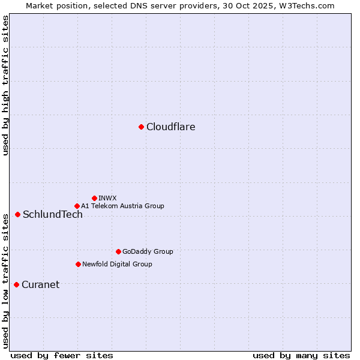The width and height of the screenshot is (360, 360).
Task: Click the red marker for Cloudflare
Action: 141,127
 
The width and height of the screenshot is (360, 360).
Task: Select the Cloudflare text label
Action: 170,127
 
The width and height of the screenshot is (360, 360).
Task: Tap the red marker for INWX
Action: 94,198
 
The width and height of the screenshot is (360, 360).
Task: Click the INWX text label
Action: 107,198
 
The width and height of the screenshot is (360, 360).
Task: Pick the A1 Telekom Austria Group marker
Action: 77,206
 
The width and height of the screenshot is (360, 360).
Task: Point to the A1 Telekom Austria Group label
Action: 122,206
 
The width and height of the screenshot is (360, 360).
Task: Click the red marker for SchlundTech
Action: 17,214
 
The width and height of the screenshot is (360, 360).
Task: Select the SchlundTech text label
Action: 53,214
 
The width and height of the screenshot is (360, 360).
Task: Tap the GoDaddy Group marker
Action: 118,251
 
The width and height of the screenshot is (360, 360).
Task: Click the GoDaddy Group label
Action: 148,251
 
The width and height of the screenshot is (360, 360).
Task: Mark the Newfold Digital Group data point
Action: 78,264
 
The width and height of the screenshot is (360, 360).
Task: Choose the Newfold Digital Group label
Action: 117,264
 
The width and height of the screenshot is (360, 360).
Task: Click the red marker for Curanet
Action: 16,284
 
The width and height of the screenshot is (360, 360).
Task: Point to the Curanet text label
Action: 40,284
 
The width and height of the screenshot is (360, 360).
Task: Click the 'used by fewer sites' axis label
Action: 62,355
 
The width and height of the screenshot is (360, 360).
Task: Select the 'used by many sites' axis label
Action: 301,355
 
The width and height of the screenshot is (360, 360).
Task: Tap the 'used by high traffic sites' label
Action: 5,85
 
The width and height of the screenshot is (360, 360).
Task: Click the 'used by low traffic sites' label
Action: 5,281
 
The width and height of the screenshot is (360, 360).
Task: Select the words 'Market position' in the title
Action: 53,5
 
